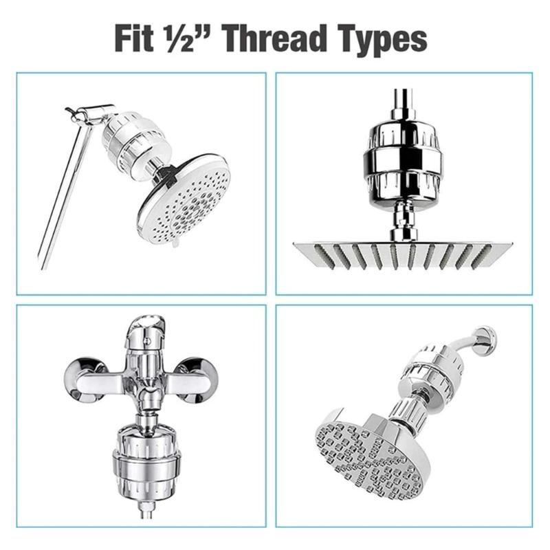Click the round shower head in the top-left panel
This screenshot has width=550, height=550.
184,200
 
